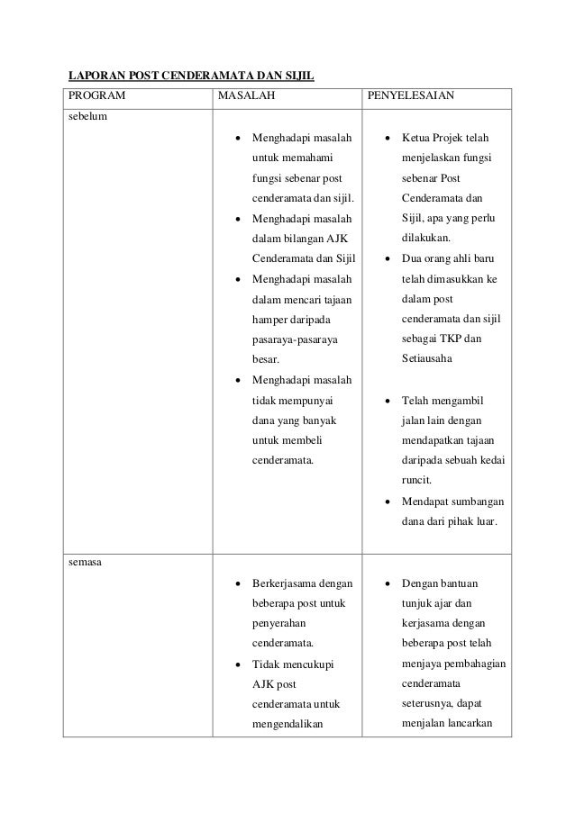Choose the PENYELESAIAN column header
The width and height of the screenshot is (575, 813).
pos(410,96)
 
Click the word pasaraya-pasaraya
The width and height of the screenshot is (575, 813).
pos(294,339)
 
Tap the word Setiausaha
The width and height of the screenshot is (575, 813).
pos(429,358)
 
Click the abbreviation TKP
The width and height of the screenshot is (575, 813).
pos(448,339)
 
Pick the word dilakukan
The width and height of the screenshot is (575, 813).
pos(428,239)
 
